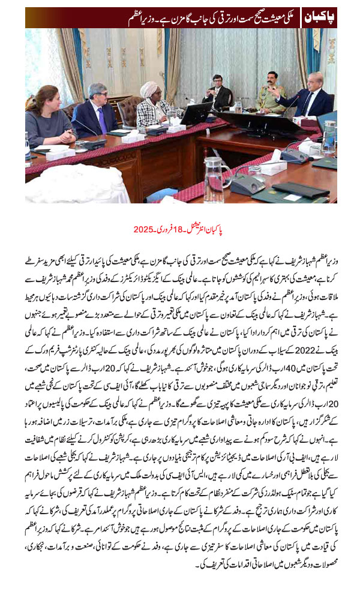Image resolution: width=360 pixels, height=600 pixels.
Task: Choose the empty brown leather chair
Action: (x=128, y=111)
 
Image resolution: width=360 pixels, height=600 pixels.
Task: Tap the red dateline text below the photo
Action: (x=180, y=229)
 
